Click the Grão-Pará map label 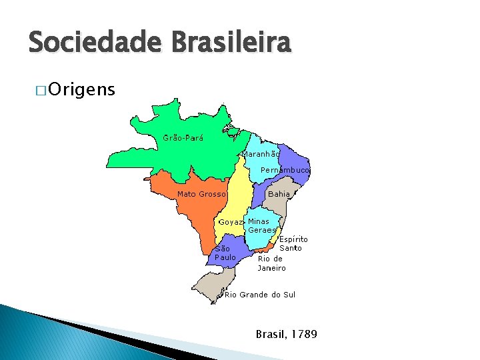click(x=183, y=139)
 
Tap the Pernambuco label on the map click(x=285, y=170)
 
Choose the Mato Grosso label click(x=201, y=194)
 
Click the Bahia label click(x=279, y=194)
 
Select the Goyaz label click(x=231, y=222)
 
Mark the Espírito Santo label click(x=293, y=243)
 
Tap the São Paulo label click(x=225, y=253)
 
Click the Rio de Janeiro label click(x=271, y=263)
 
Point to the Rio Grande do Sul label click(x=260, y=295)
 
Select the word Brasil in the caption click(x=270, y=333)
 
